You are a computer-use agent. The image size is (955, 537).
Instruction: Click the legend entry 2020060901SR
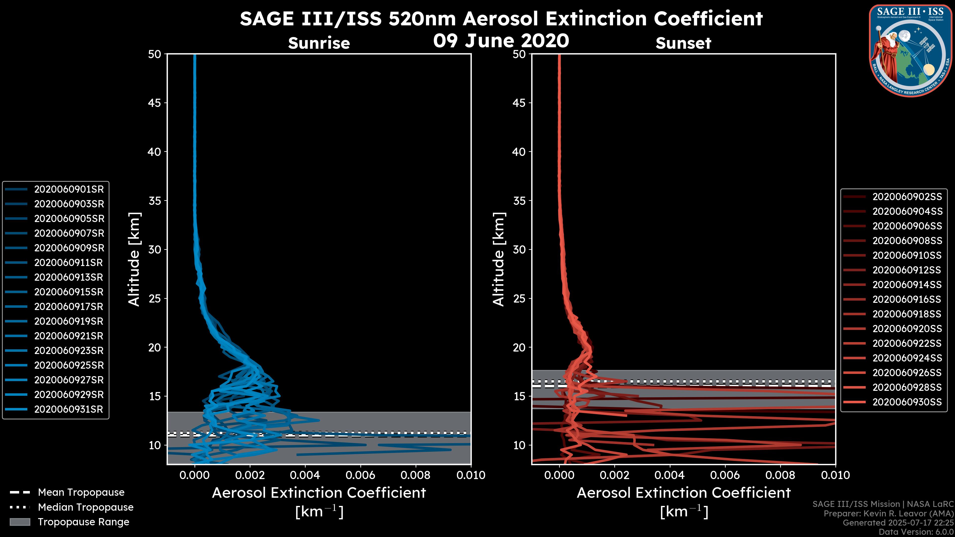69,189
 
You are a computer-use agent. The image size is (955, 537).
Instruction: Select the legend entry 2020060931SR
69,409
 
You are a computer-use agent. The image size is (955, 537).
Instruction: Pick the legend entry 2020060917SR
69,307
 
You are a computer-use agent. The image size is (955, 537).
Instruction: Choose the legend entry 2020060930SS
907,402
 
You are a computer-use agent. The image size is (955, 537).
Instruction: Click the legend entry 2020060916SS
907,299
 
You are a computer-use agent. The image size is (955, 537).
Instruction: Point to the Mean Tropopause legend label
81,492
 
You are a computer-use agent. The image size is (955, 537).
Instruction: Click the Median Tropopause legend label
86,507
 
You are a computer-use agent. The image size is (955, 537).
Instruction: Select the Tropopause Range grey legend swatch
20,522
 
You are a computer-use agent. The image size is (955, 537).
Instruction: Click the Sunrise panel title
319,43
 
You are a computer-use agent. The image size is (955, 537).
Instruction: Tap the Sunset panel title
683,43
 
